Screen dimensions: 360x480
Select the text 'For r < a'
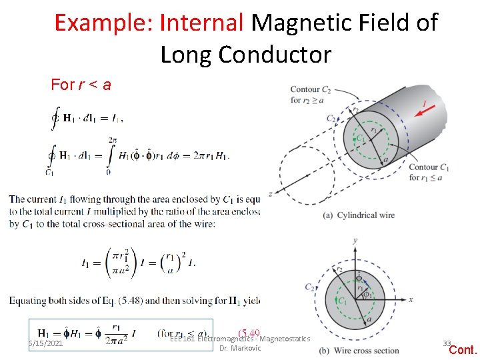pos(81,85)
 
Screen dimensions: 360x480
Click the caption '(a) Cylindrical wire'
pos(358,215)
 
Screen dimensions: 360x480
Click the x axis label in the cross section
pos(411,299)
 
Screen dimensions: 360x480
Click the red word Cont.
pos(463,350)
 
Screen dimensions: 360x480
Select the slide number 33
pos(446,343)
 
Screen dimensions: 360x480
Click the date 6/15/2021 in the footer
pos(45,343)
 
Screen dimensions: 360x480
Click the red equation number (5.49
pos(249,332)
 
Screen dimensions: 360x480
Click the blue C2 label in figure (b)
pos(310,287)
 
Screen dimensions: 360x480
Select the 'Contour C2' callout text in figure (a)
pos(305,95)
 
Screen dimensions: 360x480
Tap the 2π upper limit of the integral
pos(112,140)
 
